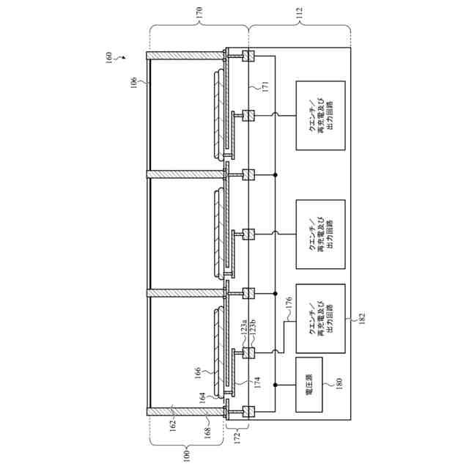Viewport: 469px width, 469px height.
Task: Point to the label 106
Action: (x=133, y=84)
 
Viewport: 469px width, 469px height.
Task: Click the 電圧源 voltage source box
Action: (x=309, y=381)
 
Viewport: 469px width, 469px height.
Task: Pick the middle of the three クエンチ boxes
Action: (x=320, y=232)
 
